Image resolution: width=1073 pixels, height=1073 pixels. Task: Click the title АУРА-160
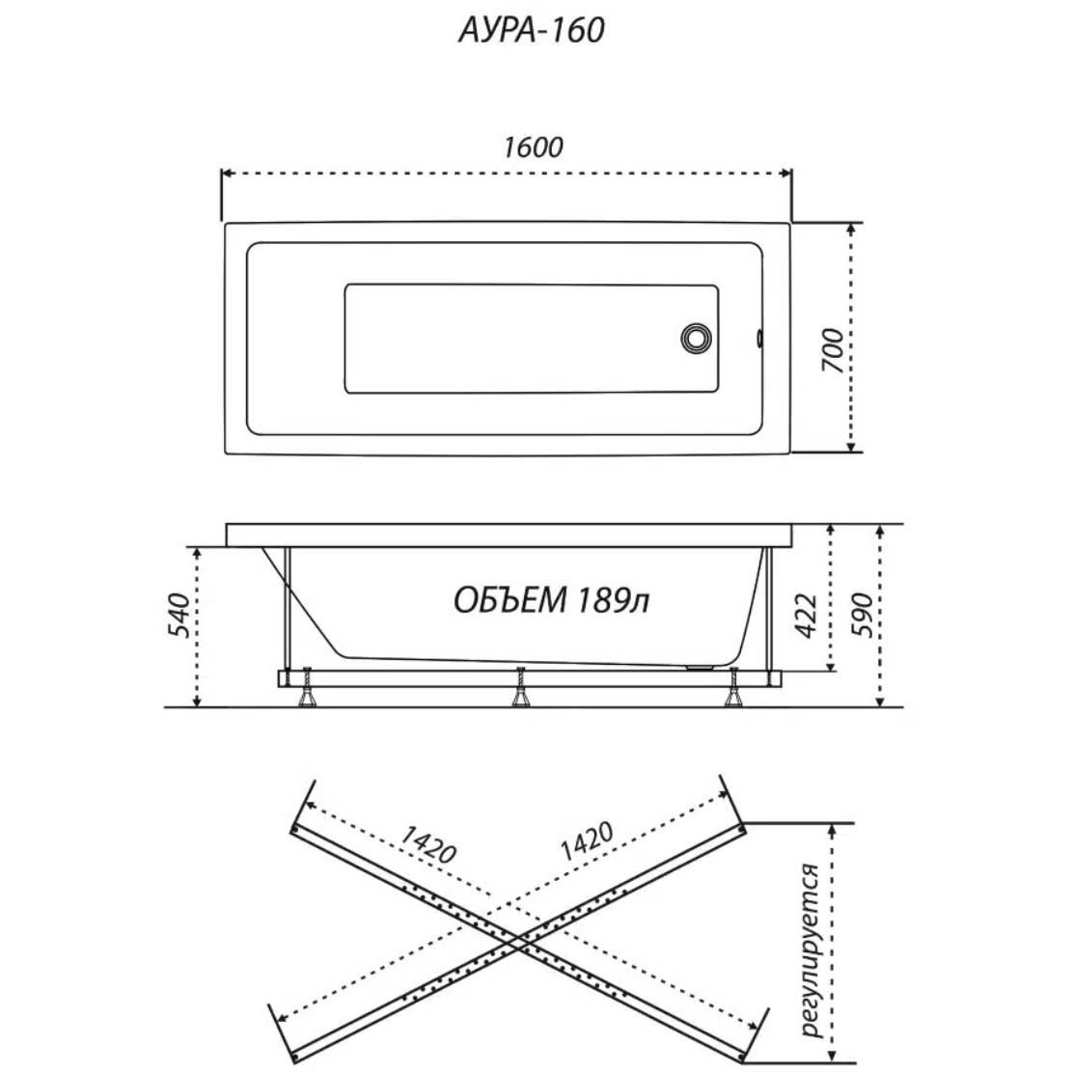click(x=531, y=31)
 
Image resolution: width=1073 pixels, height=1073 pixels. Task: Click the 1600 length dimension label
click(x=533, y=147)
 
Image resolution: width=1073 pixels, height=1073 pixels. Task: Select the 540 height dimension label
click(x=179, y=616)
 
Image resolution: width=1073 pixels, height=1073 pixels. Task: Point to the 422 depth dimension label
click(x=807, y=616)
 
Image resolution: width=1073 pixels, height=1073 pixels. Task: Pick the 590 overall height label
click(x=864, y=616)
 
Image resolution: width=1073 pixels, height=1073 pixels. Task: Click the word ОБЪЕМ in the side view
click(x=510, y=600)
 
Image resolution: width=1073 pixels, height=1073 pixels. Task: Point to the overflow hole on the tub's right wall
click(x=759, y=338)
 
